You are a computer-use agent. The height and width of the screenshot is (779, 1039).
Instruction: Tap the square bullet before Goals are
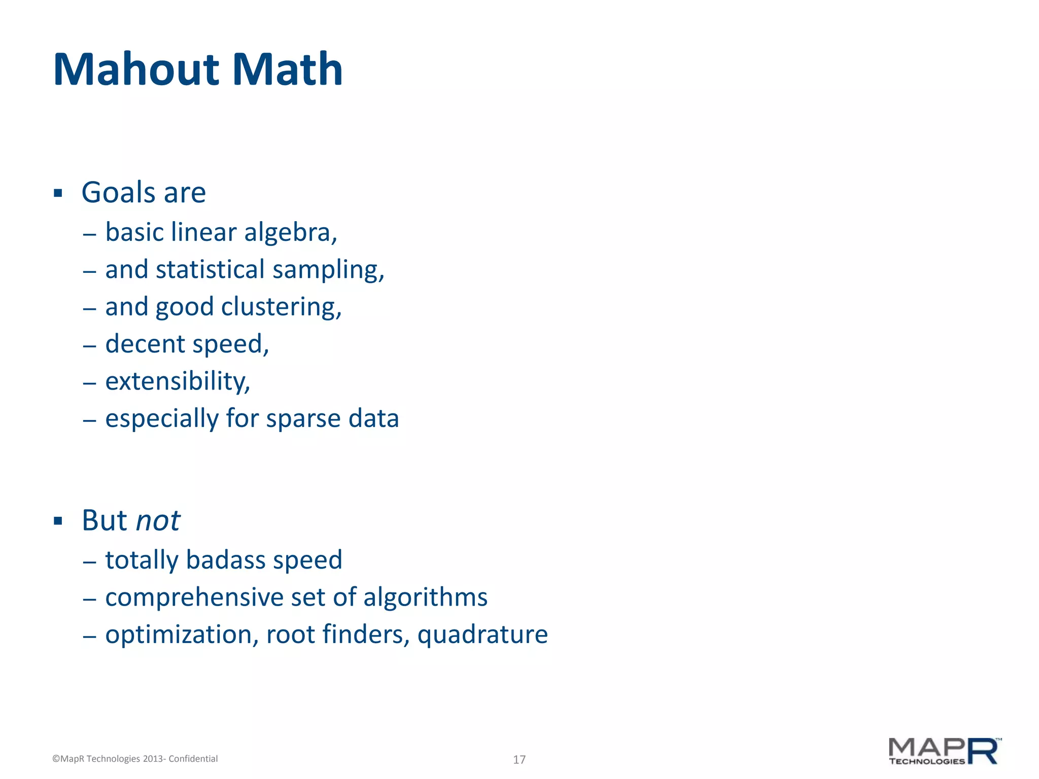pos(58,193)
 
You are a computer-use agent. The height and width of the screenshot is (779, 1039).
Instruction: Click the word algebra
pos(290,233)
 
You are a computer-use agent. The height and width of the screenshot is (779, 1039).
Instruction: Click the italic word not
pos(158,521)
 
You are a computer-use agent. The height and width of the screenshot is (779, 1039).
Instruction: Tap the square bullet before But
pos(58,521)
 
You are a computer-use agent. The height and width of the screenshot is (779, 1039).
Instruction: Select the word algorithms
pos(425,597)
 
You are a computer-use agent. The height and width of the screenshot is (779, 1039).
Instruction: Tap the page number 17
pos(519,759)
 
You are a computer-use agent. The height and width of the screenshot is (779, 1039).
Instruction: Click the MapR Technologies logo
pos(945,751)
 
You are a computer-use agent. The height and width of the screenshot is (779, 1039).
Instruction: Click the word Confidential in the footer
pos(193,759)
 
